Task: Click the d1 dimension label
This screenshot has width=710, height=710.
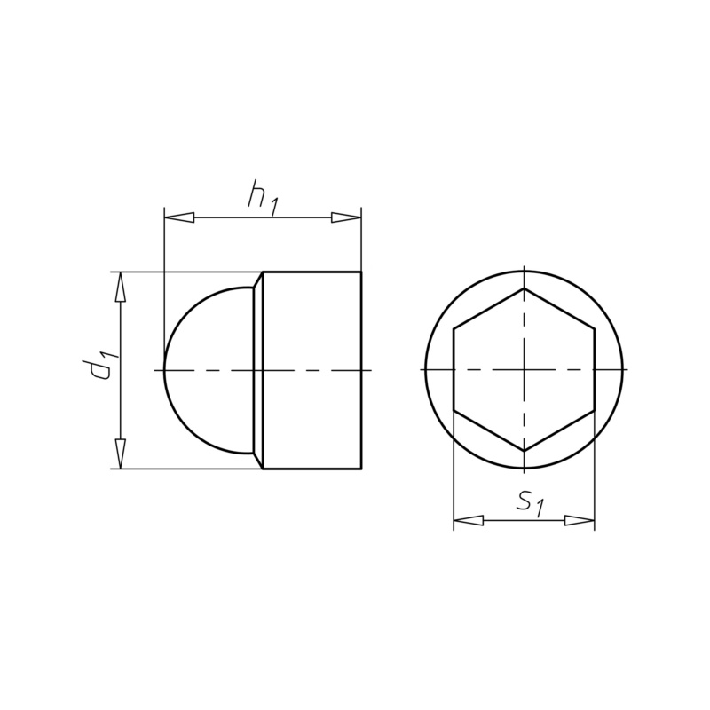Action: [x=105, y=366]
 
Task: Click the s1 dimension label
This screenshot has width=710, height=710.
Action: [x=529, y=503]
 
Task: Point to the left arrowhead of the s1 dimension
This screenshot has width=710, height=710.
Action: [x=468, y=520]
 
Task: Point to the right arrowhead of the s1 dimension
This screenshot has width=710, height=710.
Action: [x=580, y=520]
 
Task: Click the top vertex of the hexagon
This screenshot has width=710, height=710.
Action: [x=524, y=288]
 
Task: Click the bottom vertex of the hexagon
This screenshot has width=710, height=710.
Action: [x=524, y=451]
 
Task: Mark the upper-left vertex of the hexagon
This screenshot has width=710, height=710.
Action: [x=454, y=328]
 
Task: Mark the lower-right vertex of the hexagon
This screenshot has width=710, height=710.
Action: [x=594, y=410]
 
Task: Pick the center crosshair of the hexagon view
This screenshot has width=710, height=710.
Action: [x=524, y=369]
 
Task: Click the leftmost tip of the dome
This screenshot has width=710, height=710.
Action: [x=165, y=369]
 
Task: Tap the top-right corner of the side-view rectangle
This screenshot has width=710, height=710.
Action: [x=361, y=272]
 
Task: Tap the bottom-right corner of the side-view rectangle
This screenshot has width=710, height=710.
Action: [x=361, y=469]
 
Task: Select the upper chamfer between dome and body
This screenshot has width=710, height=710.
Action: [x=258, y=280]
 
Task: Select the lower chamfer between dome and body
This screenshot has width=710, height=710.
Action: [x=258, y=460]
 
